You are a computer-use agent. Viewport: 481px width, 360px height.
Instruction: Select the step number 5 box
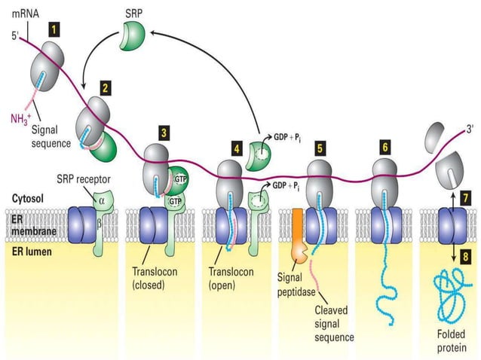320,148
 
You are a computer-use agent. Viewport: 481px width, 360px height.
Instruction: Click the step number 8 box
465,256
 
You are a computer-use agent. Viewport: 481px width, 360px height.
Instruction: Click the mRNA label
24,14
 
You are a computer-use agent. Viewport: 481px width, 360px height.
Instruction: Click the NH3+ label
21,118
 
